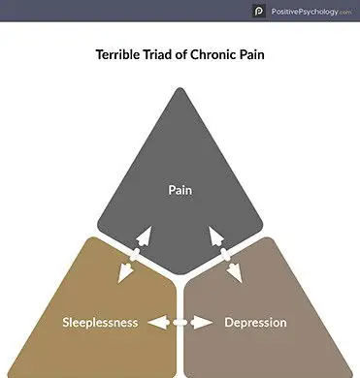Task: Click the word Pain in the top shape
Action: tap(180, 189)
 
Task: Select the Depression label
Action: tap(255, 322)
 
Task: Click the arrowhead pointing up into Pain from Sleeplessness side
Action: tap(144, 235)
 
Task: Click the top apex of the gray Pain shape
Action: tap(180, 89)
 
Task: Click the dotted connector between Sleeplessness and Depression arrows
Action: tap(180, 321)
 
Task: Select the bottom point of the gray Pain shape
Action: tap(180, 275)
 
